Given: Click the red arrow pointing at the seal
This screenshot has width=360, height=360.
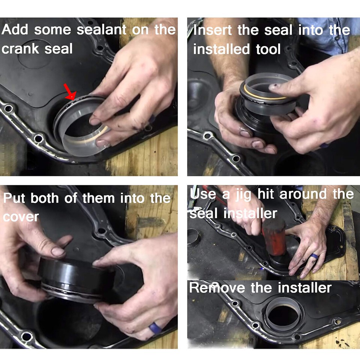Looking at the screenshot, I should pyautogui.click(x=70, y=91).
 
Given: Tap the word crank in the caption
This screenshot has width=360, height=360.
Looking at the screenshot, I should pyautogui.click(x=22, y=49).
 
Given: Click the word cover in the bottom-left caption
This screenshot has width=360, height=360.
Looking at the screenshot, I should pyautogui.click(x=21, y=217).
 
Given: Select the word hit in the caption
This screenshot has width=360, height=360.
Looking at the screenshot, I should pyautogui.click(x=267, y=194).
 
